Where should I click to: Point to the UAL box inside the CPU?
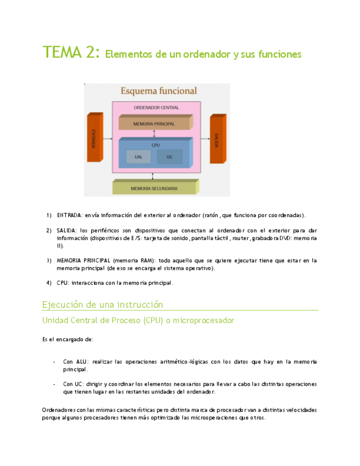click(139, 157)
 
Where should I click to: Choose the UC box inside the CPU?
click(169, 157)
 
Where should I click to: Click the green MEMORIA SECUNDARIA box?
click(154, 188)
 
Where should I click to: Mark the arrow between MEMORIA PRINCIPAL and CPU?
click(154, 134)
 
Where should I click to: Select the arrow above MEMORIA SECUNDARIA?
click(154, 175)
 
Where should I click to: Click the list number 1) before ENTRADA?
click(49, 215)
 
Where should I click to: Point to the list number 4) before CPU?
click(49, 283)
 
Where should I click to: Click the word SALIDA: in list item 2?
click(67, 230)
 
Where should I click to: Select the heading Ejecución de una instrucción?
click(103, 304)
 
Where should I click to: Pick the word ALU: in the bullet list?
click(82, 362)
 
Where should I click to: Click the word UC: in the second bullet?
click(81, 384)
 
